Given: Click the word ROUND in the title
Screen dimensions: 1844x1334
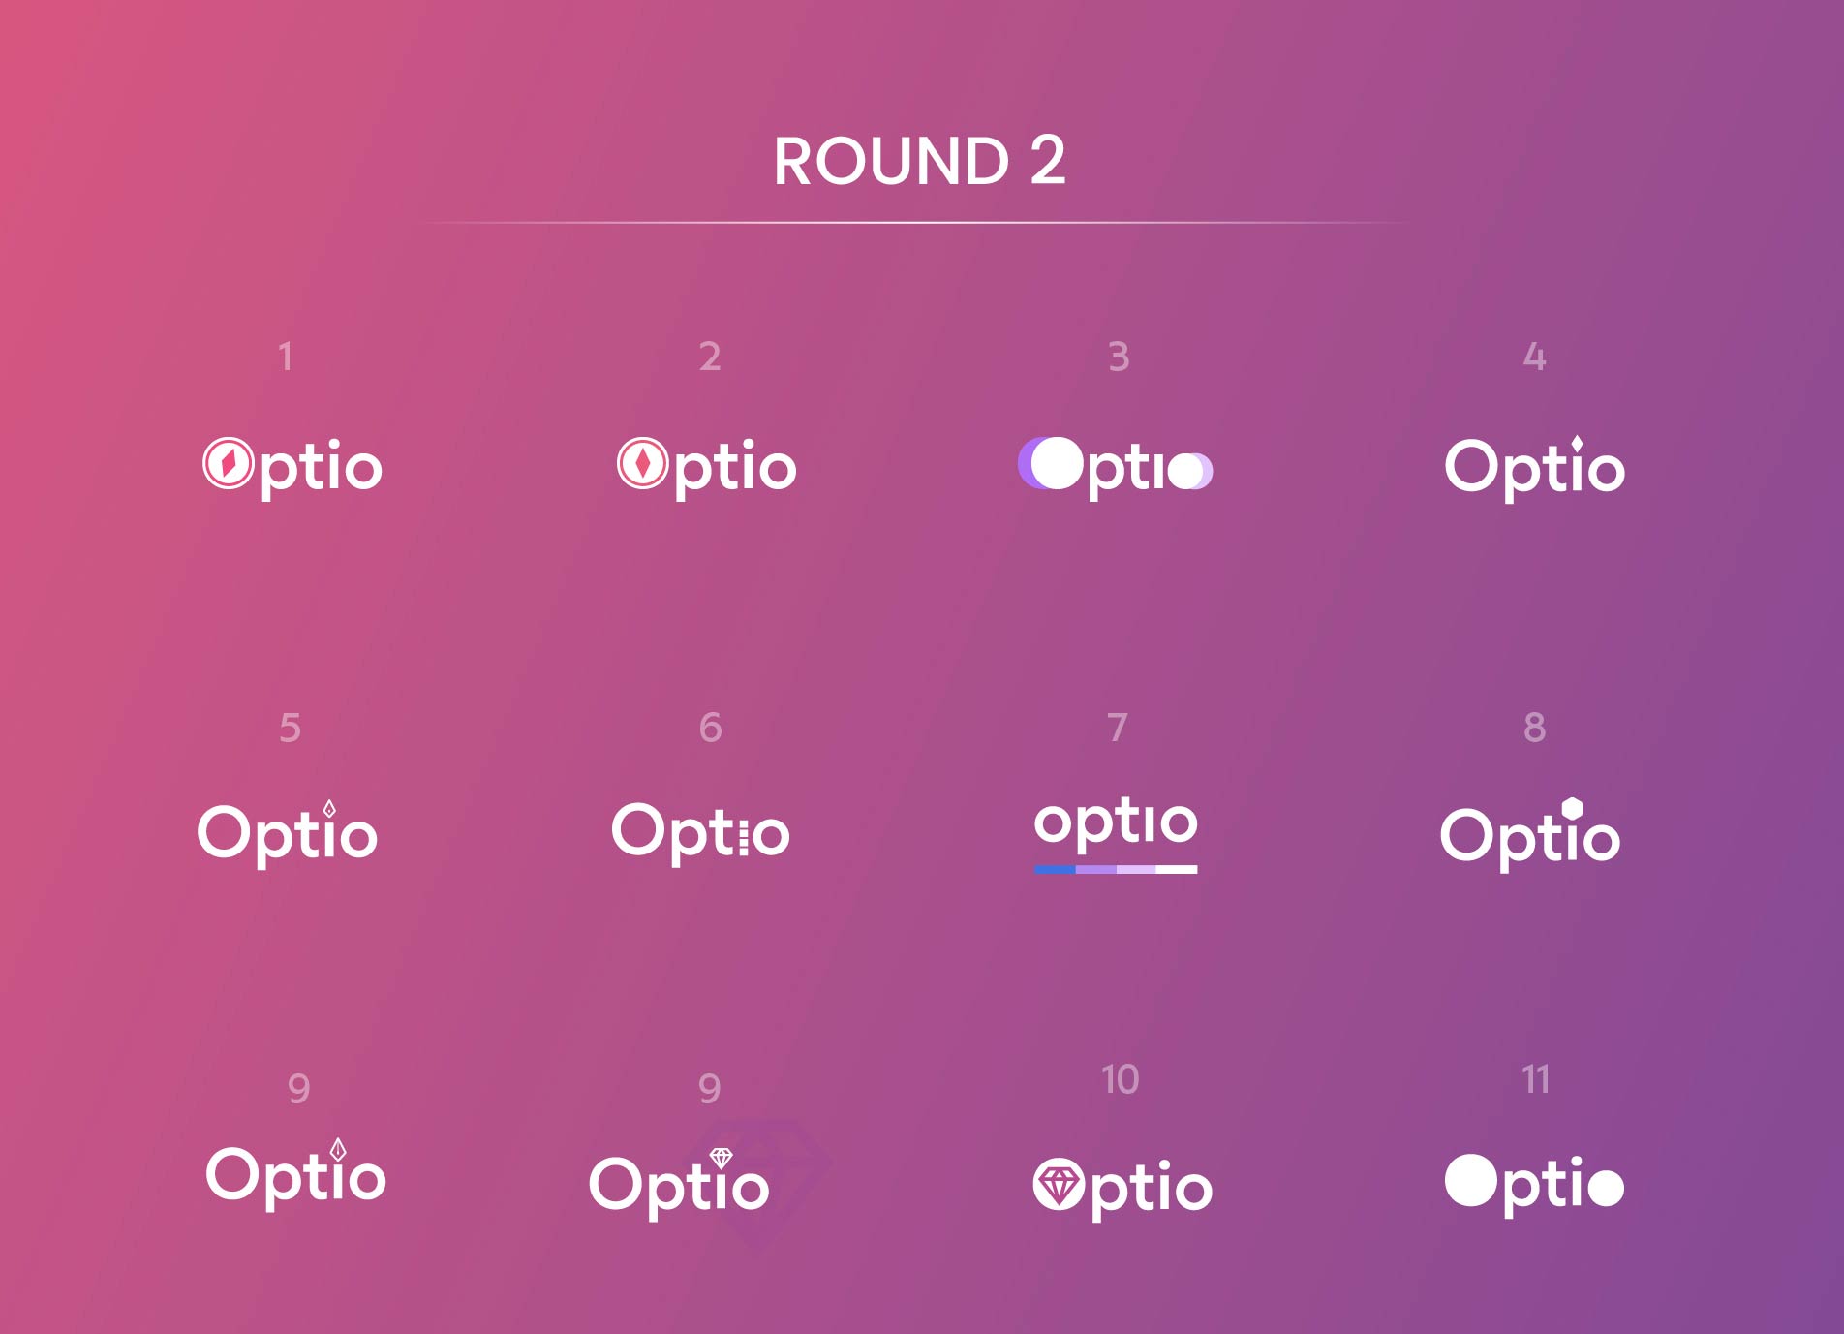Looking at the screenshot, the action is coord(891,161).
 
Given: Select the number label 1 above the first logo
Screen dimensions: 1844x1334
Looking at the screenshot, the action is coord(285,357).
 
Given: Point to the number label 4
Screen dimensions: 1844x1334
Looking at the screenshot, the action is coord(1534,357).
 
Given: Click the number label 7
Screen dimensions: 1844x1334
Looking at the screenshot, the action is coord(1118,727).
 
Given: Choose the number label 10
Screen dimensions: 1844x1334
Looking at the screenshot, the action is coord(1121,1079).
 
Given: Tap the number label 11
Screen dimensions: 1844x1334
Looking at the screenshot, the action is coord(1536,1079).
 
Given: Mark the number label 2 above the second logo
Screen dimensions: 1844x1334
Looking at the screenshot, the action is coord(710,357).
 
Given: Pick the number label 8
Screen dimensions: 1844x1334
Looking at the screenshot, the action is coord(1534,727).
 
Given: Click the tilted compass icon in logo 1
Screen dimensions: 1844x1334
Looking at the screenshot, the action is coord(229,464).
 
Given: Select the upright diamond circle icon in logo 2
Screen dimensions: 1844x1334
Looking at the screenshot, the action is coord(643,464).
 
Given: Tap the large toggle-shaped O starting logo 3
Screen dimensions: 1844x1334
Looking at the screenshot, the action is coord(1051,463).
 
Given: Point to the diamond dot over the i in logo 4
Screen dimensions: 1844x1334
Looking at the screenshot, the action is coord(1578,446).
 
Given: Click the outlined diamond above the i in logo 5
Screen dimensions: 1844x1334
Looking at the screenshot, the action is coord(329,809).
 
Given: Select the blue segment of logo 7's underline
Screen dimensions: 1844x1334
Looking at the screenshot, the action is coord(1055,870).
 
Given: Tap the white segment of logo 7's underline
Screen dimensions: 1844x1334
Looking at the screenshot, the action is coord(1177,870).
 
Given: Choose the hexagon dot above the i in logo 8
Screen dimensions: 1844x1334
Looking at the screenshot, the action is coord(1573,809).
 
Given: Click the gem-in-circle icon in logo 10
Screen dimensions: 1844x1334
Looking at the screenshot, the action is coord(1059,1184).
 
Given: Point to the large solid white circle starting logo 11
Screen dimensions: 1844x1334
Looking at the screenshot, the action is coord(1471,1181).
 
